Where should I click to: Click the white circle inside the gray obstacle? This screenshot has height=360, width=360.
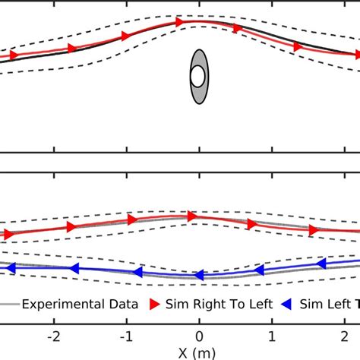197,76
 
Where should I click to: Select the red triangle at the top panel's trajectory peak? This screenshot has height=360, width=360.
180,23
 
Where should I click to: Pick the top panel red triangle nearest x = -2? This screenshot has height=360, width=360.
72,49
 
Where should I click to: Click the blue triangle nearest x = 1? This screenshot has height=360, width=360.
260,270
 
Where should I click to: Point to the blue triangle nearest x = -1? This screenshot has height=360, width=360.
137,272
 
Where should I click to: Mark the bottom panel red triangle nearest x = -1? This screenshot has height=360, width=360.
132,219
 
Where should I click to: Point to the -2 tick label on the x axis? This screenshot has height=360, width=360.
53,335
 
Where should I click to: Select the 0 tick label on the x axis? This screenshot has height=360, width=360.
199,335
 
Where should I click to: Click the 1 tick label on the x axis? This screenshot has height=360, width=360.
272,335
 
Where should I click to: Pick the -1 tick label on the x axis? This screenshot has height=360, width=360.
126,335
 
